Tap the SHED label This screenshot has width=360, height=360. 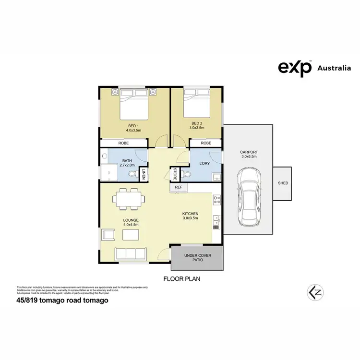coord(282,183)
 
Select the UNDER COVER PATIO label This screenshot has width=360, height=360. coord(197,258)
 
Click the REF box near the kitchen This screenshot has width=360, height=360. coord(178,187)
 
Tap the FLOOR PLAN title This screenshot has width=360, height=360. coord(182,278)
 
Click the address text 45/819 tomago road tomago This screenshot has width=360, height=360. coord(62,300)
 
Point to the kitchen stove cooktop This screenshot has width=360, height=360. coord(217,199)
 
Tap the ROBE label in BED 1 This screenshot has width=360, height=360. coord(123,143)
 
